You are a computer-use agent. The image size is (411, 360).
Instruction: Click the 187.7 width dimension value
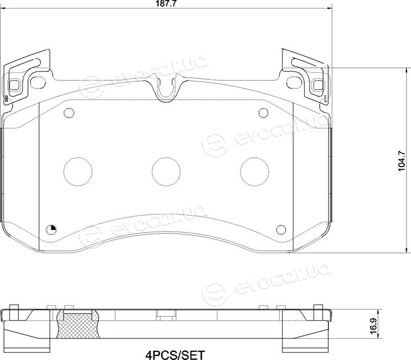coord(166,3)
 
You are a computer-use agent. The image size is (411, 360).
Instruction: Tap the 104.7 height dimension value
coord(402,161)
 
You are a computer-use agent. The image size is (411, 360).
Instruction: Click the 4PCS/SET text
coord(175,355)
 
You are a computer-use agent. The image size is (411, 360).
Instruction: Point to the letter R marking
coord(6,99)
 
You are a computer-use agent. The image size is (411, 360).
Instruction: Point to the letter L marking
coord(326,99)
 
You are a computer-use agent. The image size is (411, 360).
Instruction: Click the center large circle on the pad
coord(166,172)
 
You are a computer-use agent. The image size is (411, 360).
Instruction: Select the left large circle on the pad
coord(78,172)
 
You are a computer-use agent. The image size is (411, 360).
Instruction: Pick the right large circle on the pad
coord(255,172)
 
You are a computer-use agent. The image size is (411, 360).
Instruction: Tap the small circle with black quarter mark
coord(51,230)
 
